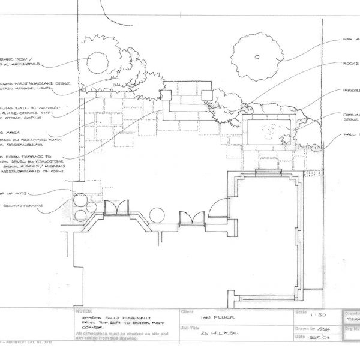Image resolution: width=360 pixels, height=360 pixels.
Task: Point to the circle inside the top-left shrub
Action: (97, 63)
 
